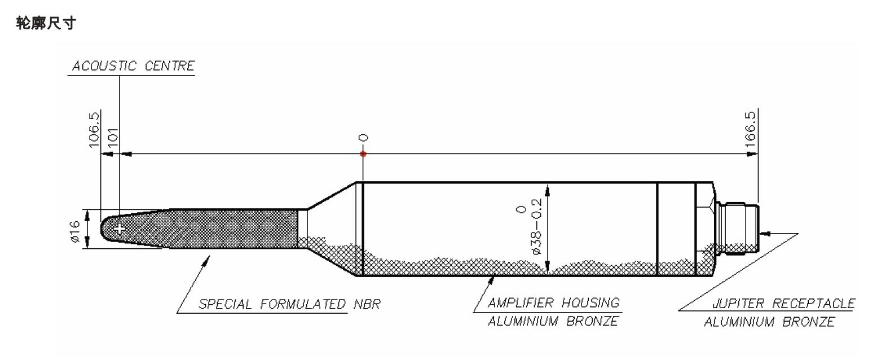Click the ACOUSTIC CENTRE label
(x=133, y=66)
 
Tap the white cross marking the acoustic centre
(x=119, y=228)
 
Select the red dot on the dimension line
(x=363, y=153)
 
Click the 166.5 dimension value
(x=751, y=129)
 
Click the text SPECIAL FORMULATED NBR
(x=290, y=305)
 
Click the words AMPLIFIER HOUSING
(x=553, y=303)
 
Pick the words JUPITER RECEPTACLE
(x=783, y=304)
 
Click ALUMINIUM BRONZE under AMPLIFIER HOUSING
(x=553, y=322)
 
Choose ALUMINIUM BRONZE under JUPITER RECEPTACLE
(x=769, y=322)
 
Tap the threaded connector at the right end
(x=739, y=229)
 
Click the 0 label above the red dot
(x=363, y=138)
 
